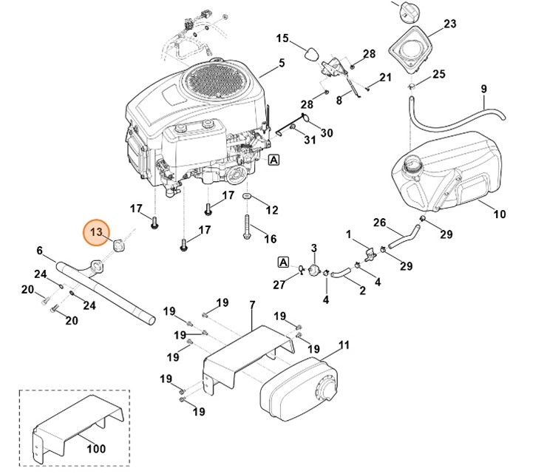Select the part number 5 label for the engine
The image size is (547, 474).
pyautogui.click(x=282, y=64)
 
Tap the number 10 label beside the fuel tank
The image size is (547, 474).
pyautogui.click(x=500, y=214)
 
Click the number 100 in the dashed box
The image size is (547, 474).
pyautogui.click(x=96, y=448)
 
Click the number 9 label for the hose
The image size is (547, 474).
pyautogui.click(x=483, y=89)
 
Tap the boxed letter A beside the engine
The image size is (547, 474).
pyautogui.click(x=274, y=159)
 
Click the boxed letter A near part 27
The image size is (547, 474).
pyautogui.click(x=282, y=261)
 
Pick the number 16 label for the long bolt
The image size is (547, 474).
pyautogui.click(x=271, y=239)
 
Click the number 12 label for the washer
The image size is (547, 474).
pyautogui.click(x=272, y=210)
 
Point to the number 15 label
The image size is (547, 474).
pyautogui.click(x=282, y=38)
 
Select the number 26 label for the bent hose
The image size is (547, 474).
pyautogui.click(x=379, y=222)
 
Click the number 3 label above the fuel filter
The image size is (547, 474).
pyautogui.click(x=313, y=247)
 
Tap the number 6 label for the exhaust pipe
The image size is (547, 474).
pyautogui.click(x=40, y=251)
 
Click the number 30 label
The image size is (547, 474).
pyautogui.click(x=327, y=133)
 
